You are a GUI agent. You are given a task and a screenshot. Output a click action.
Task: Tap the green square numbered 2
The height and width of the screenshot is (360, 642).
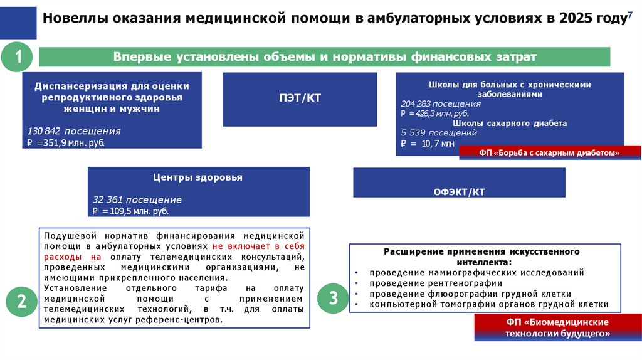21,301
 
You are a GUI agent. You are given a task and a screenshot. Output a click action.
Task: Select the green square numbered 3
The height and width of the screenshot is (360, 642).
333,297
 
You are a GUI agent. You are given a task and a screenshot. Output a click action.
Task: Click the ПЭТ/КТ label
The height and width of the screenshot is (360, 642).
300,98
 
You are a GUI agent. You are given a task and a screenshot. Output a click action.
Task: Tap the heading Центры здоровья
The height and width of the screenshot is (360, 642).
197,177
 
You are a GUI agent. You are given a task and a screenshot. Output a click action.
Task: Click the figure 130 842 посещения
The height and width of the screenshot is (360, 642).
74,131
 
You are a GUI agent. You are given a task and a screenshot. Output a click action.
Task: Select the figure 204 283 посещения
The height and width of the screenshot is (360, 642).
440,103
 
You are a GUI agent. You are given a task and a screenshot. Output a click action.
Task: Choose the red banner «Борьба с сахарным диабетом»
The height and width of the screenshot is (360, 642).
550,152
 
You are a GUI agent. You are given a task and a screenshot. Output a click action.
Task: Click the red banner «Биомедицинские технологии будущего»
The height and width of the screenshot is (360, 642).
557,328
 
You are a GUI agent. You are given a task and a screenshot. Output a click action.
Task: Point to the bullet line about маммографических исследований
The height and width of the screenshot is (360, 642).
476,273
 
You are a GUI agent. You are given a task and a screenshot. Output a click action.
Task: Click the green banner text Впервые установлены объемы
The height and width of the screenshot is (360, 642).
324,57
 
